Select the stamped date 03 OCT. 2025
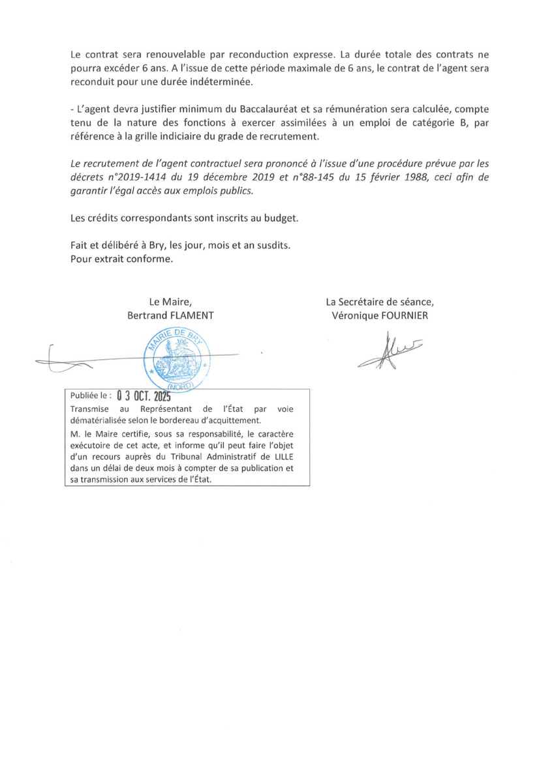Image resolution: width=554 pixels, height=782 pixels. pos(143,396)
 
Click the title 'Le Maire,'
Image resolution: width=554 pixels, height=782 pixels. pos(170,302)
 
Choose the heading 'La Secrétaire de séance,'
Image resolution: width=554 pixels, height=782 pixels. pos(379,302)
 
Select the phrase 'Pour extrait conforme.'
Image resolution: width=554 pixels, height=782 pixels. pos(122,259)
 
